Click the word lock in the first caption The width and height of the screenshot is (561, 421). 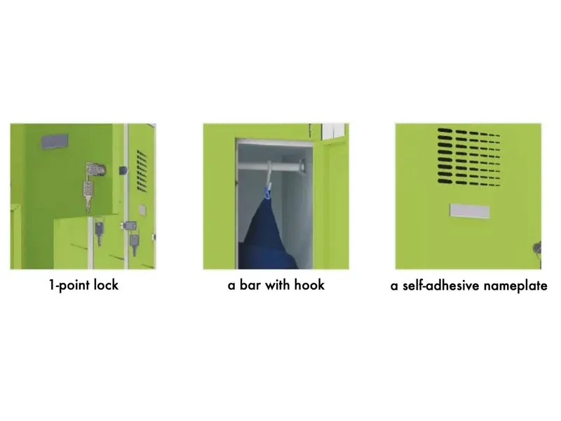pyautogui.click(x=106, y=285)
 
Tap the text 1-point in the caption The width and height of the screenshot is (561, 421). pyautogui.click(x=69, y=286)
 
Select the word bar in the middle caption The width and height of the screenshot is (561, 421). pyautogui.click(x=250, y=285)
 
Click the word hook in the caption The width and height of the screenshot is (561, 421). pyautogui.click(x=309, y=285)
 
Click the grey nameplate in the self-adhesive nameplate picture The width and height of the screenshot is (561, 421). pyautogui.click(x=469, y=211)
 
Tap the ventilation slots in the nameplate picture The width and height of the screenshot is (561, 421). pyautogui.click(x=468, y=156)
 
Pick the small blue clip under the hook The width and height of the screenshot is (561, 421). pyautogui.click(x=268, y=192)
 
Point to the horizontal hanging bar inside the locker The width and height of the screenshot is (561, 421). pyautogui.click(x=271, y=166)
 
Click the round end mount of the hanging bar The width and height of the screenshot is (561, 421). pyautogui.click(x=302, y=166)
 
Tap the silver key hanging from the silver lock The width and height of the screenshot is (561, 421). pyautogui.click(x=88, y=195)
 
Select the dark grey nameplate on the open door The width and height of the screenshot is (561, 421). pyautogui.click(x=55, y=142)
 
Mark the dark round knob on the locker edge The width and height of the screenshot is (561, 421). pyautogui.click(x=123, y=171)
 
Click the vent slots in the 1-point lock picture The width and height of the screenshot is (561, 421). pyautogui.click(x=142, y=171)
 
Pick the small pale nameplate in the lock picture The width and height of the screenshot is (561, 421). pyautogui.click(x=142, y=210)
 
